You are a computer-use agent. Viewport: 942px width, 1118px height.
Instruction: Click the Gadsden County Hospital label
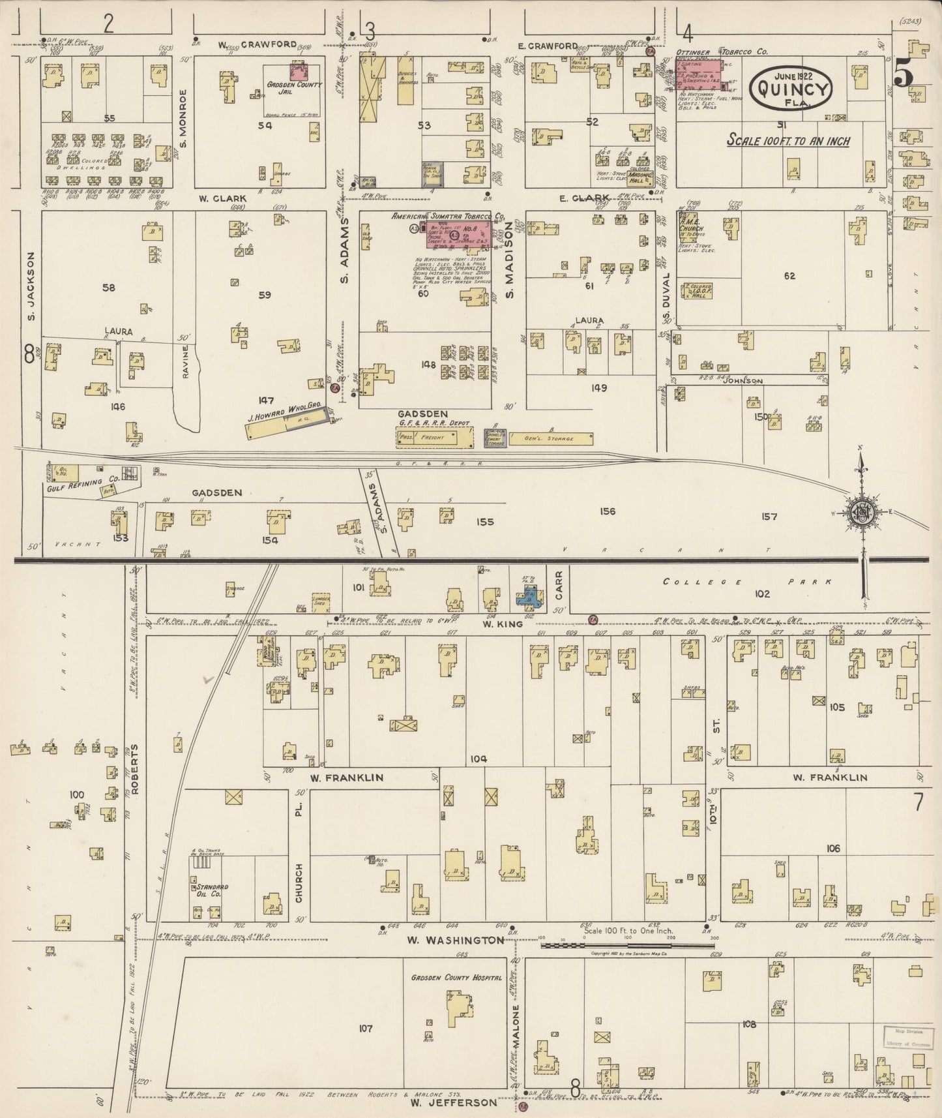[x=456, y=978]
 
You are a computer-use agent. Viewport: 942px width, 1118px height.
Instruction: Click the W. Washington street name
[x=456, y=940]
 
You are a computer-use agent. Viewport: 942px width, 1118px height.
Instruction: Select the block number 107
[x=365, y=1029]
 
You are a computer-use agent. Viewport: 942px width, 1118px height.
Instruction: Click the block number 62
[x=789, y=276]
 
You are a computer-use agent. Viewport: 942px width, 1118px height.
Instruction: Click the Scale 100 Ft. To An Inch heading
[x=789, y=140]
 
